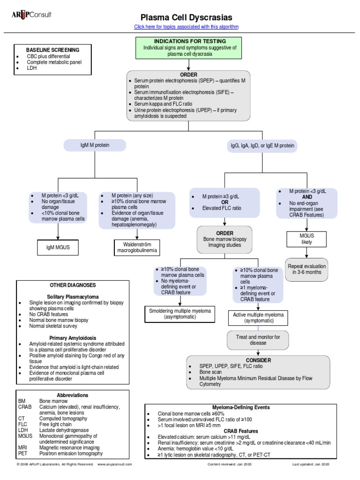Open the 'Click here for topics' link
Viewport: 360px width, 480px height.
186,27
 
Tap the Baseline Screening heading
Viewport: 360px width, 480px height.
52,50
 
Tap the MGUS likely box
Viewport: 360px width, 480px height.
306,239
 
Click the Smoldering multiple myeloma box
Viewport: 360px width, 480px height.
180,314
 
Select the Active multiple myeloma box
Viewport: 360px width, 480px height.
258,318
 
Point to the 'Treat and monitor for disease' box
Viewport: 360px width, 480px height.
258,340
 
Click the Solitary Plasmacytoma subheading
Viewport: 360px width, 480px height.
73,297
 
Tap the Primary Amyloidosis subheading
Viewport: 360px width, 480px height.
73,337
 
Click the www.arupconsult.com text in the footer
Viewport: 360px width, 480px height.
115,464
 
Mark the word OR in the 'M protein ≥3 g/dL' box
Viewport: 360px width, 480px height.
225,202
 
